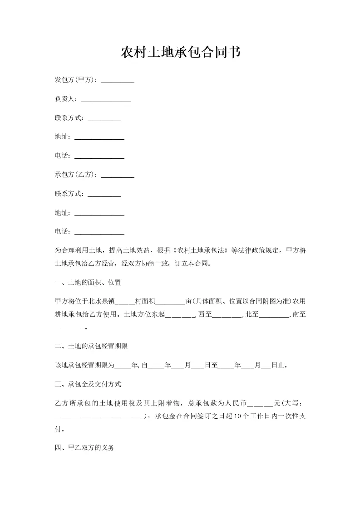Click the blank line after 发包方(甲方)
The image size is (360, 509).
(118, 81)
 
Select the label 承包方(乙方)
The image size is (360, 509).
(75, 175)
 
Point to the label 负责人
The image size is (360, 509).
(66, 99)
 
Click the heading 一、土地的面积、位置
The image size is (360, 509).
(88, 283)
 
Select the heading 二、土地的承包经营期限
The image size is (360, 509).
(91, 346)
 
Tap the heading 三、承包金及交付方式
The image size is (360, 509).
(88, 384)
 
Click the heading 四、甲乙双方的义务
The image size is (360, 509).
(84, 448)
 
